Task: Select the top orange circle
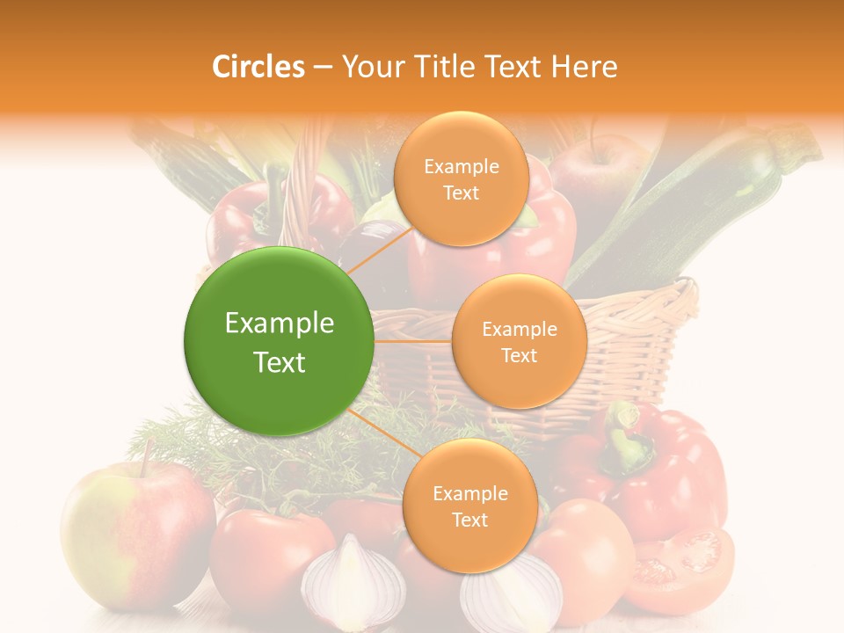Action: tap(461, 178)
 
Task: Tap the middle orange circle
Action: tap(519, 341)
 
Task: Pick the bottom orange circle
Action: tap(469, 506)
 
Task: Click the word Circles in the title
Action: tap(258, 67)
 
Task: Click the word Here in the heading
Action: tap(584, 67)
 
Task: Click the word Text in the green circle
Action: tap(280, 362)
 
